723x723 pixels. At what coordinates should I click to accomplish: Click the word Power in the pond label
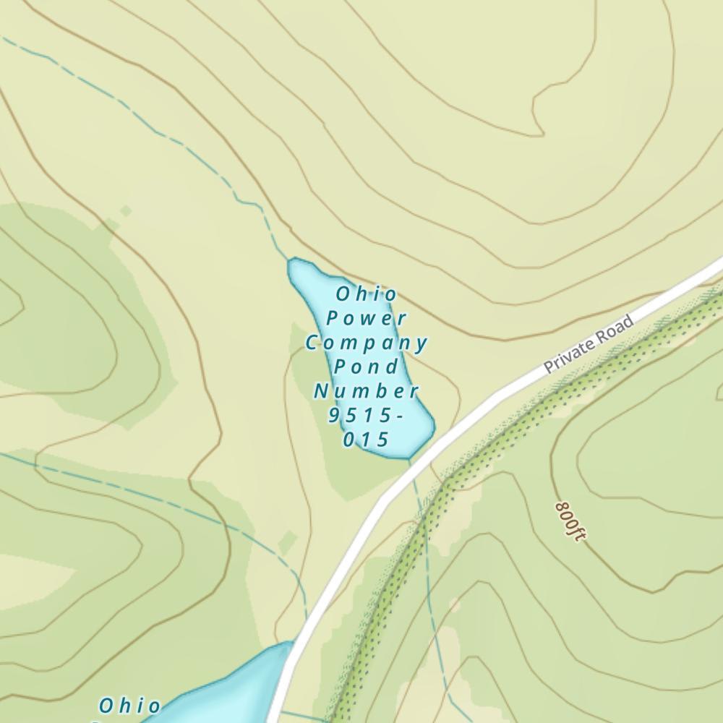367,318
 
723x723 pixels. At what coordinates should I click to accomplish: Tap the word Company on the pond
367,342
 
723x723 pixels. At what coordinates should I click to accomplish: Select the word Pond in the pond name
367,367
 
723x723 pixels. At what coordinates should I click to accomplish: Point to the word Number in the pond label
367,391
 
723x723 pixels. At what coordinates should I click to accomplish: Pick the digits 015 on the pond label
367,440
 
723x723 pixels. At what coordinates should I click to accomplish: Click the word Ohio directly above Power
367,294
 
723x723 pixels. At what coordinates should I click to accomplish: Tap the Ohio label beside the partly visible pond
130,706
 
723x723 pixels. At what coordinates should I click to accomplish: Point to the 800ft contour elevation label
570,521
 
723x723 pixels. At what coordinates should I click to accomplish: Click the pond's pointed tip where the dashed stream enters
292,262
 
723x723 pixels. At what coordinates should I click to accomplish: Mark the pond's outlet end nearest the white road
411,455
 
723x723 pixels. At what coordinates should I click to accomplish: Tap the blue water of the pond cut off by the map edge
239,687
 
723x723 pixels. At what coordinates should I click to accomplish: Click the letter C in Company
312,342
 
